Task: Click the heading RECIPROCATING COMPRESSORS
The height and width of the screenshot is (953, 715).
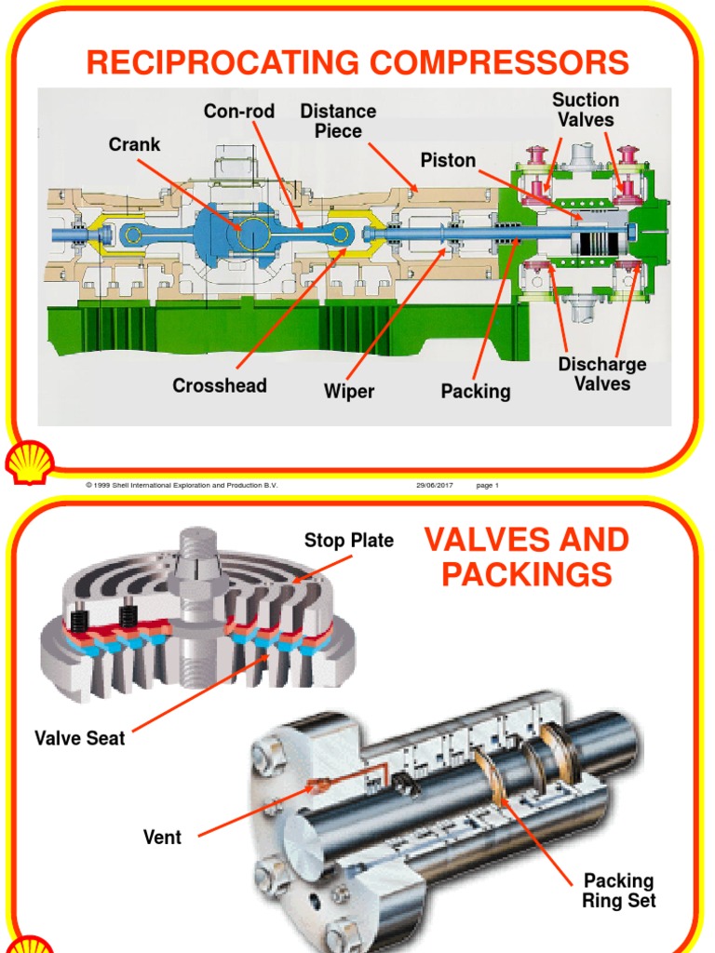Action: click(x=357, y=62)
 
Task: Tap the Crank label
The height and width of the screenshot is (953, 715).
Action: click(x=135, y=144)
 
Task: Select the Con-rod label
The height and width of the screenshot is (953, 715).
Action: click(x=239, y=112)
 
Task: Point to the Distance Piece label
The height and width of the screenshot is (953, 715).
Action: click(x=337, y=121)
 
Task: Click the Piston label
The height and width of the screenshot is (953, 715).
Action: click(x=448, y=160)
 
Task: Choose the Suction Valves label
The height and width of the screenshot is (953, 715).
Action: click(x=586, y=110)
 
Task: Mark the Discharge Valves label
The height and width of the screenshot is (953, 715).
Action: click(x=602, y=373)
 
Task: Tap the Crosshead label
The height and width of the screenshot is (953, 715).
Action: click(x=220, y=385)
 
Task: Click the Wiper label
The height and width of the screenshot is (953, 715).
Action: click(x=349, y=391)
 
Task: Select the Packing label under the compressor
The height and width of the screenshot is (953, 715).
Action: click(x=476, y=391)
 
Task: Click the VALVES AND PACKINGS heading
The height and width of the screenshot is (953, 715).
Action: click(x=526, y=557)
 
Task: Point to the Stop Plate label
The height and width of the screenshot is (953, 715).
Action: click(x=349, y=541)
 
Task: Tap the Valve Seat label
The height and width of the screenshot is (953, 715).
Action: click(x=80, y=739)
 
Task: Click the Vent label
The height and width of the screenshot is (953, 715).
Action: click(x=162, y=837)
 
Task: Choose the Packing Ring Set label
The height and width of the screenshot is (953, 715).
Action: click(x=619, y=891)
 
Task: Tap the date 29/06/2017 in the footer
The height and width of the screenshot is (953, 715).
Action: click(x=434, y=486)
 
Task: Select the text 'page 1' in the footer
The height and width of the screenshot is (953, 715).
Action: click(x=488, y=486)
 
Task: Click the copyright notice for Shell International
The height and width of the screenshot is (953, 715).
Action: click(x=182, y=486)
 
